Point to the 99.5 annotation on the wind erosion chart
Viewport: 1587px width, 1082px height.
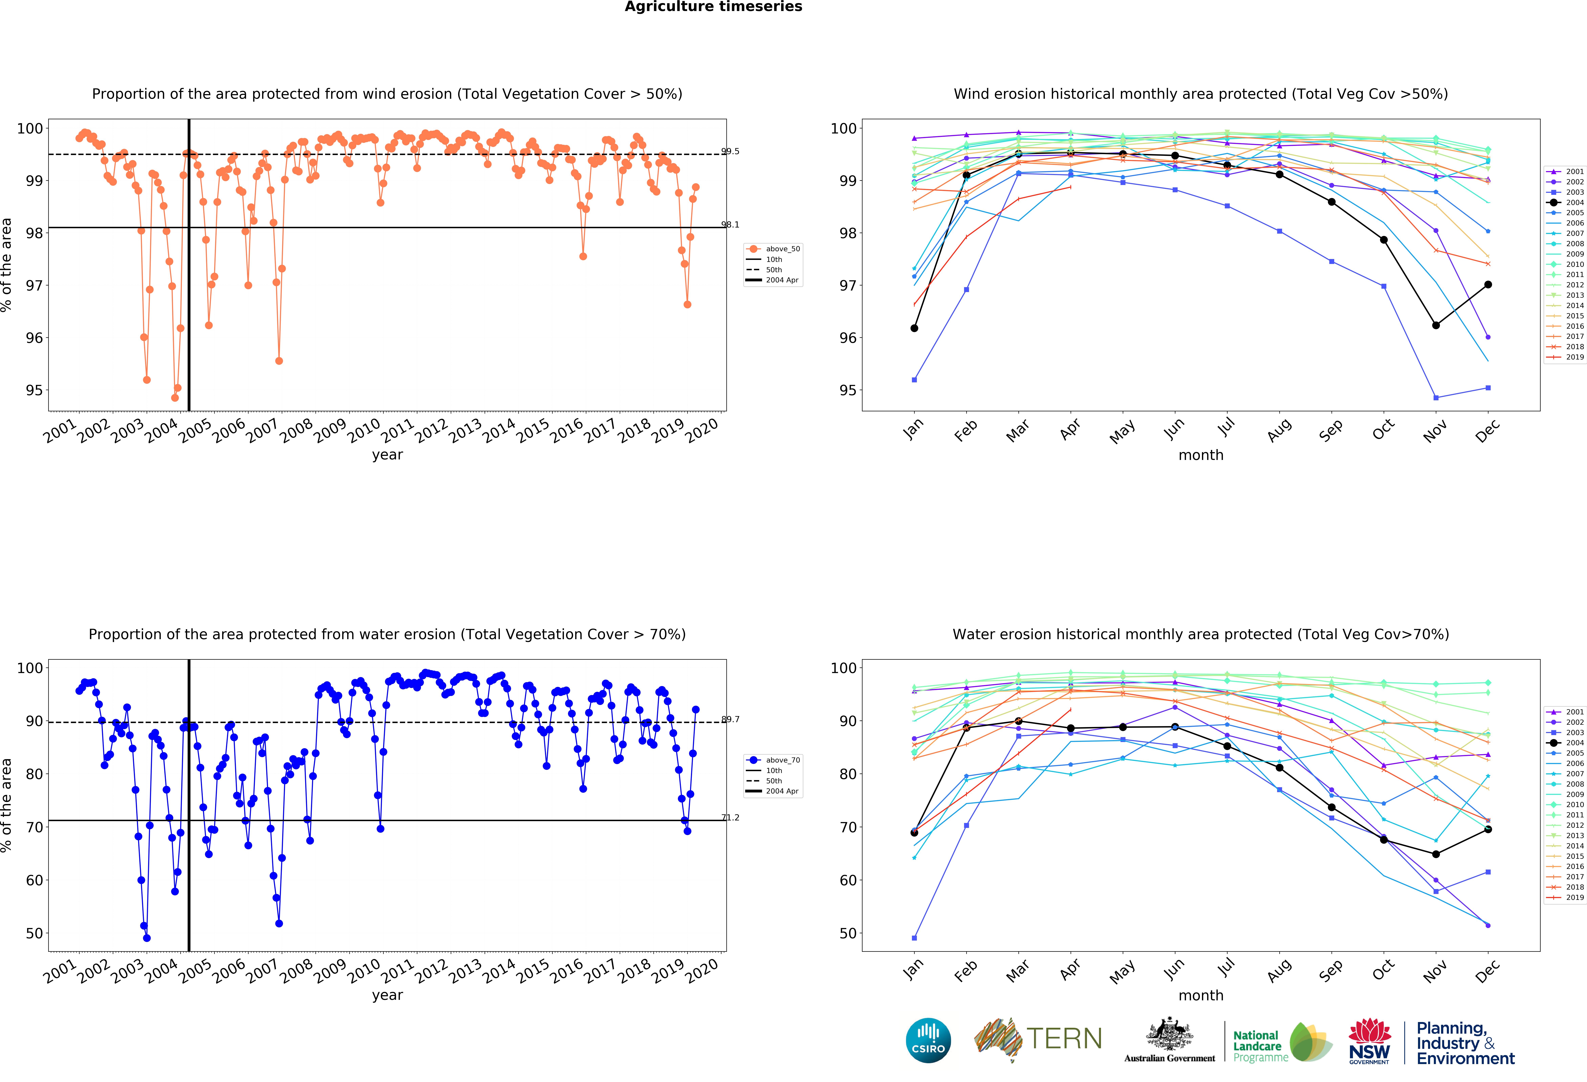[730, 152]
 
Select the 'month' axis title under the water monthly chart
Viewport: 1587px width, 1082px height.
[1200, 995]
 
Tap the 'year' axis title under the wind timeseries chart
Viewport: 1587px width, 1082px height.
[387, 455]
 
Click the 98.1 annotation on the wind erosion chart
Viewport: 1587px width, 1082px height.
[730, 225]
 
